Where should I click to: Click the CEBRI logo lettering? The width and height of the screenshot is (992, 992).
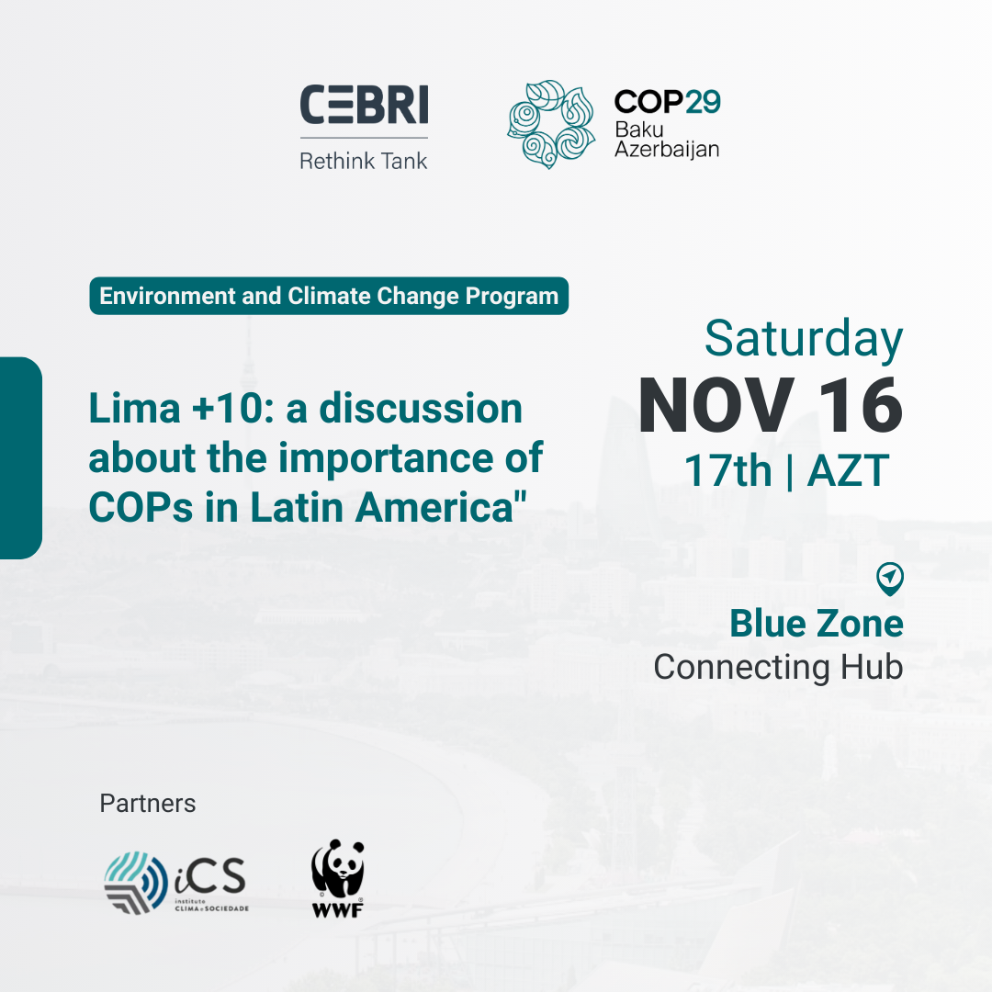pyautogui.click(x=364, y=105)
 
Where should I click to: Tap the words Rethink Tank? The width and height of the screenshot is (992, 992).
pyautogui.click(x=364, y=161)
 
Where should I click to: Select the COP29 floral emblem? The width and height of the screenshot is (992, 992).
pyautogui.click(x=550, y=124)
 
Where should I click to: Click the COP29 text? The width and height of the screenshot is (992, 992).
pyautogui.click(x=668, y=102)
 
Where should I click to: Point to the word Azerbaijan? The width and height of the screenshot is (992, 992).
pyautogui.click(x=667, y=150)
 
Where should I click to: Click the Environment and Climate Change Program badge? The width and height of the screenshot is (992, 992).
pyautogui.click(x=329, y=296)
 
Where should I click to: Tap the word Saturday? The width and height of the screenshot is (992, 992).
pyautogui.click(x=804, y=340)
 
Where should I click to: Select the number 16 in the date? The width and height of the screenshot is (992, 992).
pyautogui.click(x=861, y=406)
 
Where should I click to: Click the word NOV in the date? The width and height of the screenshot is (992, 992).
pyautogui.click(x=716, y=406)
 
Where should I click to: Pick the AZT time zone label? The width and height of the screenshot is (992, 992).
pyautogui.click(x=849, y=470)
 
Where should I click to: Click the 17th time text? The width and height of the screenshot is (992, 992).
pyautogui.click(x=728, y=470)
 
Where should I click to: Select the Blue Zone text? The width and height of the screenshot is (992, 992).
pyautogui.click(x=817, y=623)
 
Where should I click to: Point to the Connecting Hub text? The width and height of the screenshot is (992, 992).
pyautogui.click(x=778, y=667)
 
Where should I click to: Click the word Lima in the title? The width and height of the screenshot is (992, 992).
pyautogui.click(x=134, y=408)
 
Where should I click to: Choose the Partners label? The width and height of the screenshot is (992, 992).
pyautogui.click(x=147, y=804)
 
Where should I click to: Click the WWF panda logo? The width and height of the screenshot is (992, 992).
pyautogui.click(x=338, y=878)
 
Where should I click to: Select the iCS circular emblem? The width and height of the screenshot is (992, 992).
pyautogui.click(x=135, y=883)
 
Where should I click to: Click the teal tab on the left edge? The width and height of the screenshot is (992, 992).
pyautogui.click(x=21, y=458)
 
